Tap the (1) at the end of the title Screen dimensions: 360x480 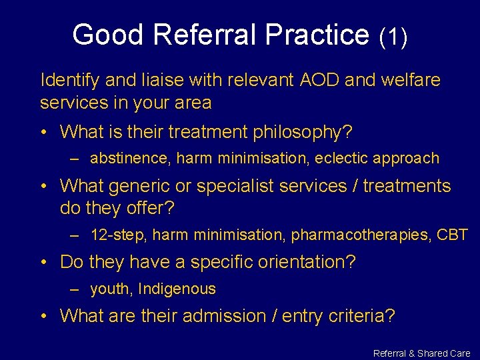click(x=393, y=36)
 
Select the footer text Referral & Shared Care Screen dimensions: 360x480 click(x=421, y=353)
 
